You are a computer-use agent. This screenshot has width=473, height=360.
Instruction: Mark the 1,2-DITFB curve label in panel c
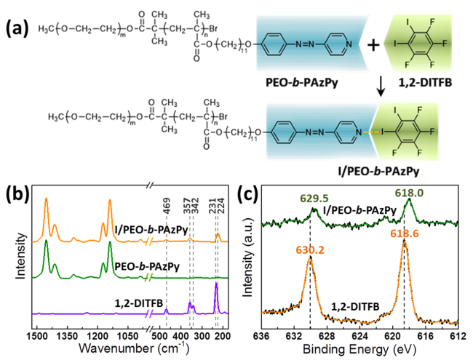tap(352, 308)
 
